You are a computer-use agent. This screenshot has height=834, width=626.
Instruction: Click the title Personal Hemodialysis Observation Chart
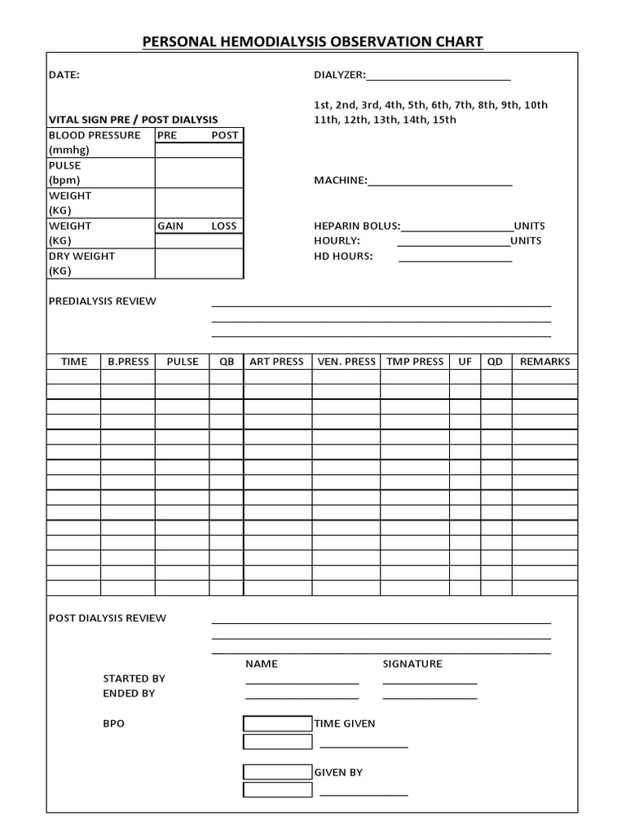313,42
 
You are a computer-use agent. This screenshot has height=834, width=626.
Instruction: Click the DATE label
64,75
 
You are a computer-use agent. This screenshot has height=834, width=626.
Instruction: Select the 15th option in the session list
441,120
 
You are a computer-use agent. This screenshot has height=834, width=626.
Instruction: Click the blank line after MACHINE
440,184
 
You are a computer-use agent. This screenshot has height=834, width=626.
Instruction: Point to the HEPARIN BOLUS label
357,226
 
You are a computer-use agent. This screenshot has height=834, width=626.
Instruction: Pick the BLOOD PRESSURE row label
95,135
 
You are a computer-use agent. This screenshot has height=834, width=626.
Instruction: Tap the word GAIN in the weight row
170,226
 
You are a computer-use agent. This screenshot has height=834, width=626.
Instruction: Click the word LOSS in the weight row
224,226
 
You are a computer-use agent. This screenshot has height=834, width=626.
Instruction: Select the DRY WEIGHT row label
82,256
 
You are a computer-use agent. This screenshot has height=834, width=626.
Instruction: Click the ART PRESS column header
276,362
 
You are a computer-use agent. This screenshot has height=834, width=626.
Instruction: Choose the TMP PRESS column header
415,362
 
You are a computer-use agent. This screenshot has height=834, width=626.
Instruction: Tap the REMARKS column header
544,362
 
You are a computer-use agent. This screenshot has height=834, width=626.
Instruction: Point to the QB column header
226,362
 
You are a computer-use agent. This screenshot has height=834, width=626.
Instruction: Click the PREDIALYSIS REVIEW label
102,301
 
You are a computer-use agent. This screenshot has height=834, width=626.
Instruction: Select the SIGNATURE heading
412,664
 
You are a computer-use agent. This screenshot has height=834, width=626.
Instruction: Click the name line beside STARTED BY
302,683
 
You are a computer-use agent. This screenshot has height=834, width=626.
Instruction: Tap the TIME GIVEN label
345,723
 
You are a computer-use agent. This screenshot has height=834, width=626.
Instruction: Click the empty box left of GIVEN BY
278,772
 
